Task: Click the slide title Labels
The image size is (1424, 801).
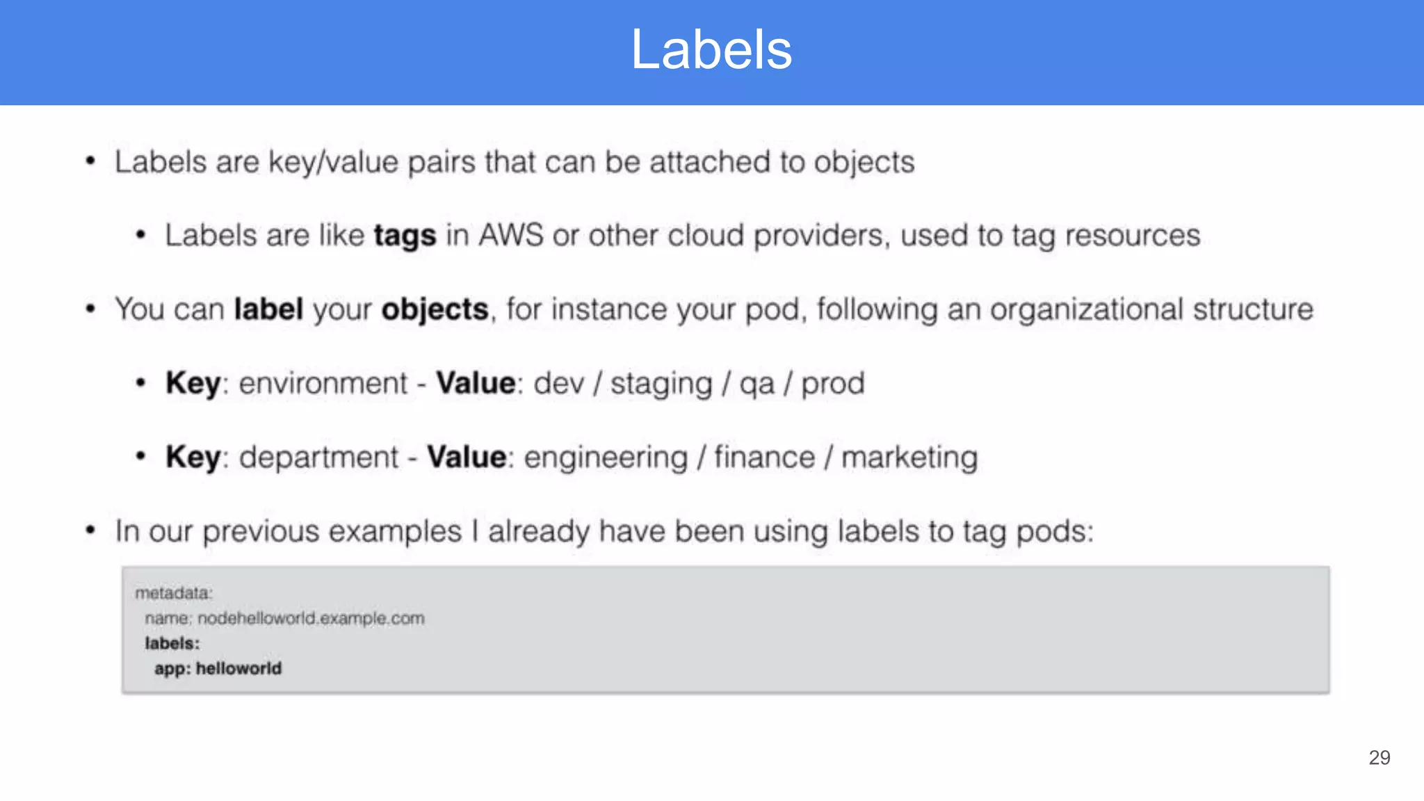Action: click(711, 50)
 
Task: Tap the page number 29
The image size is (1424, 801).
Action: click(1379, 757)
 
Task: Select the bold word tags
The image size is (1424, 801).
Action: click(405, 236)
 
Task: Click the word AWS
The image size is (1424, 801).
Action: click(511, 235)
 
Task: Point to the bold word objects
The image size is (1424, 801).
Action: click(435, 309)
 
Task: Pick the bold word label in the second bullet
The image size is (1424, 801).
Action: click(268, 309)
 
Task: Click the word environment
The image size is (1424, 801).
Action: click(323, 383)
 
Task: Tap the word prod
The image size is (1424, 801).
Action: click(832, 384)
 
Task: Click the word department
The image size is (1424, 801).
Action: click(319, 458)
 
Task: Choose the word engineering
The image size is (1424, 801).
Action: click(606, 458)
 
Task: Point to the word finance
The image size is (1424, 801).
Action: click(764, 458)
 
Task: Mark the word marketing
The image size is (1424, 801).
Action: click(909, 458)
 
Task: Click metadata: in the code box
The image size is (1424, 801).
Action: click(174, 593)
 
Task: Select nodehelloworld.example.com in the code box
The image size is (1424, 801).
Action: click(311, 618)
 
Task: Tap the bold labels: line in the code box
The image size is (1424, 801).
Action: click(172, 643)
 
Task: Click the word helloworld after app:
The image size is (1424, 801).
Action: click(238, 668)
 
